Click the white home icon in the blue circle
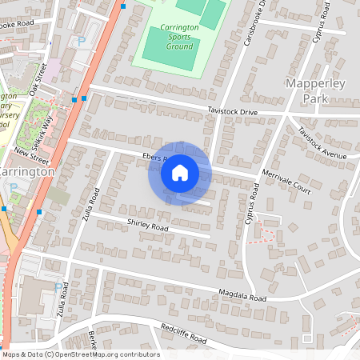(180, 172)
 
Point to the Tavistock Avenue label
(325, 142)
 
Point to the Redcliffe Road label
(183, 334)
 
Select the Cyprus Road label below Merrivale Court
(254, 204)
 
